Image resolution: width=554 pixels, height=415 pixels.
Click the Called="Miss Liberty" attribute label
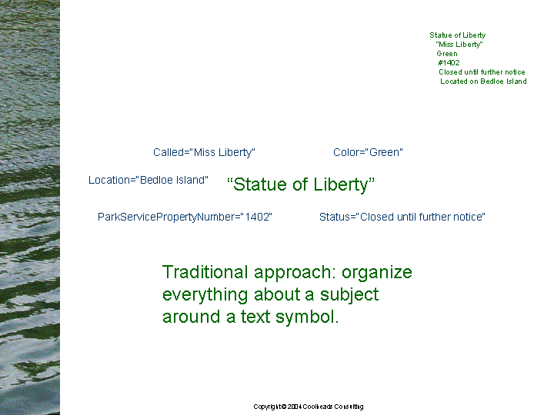tap(204, 152)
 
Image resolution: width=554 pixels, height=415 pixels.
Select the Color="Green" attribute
tap(368, 152)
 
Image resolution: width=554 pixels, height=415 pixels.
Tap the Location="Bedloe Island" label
tap(148, 180)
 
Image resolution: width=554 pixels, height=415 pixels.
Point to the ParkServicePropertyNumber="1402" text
tap(185, 217)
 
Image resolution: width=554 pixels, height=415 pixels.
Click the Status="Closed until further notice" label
tap(402, 217)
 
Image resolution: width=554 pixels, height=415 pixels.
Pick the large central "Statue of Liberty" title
tap(301, 184)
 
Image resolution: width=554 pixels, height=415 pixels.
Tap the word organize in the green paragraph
tap(376, 273)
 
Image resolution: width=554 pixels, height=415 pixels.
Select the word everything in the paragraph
tap(205, 295)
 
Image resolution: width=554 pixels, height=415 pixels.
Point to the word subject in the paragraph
tap(349, 295)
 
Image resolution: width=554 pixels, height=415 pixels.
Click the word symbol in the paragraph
tap(307, 317)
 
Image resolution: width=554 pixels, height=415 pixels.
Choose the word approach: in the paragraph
tap(295, 273)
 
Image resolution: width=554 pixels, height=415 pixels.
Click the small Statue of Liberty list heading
tap(458, 35)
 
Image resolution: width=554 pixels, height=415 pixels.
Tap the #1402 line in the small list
tap(449, 63)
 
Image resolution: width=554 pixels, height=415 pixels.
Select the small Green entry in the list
tap(447, 54)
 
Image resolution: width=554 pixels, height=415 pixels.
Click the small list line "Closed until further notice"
tap(482, 72)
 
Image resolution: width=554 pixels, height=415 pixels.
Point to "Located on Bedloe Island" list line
tap(483, 81)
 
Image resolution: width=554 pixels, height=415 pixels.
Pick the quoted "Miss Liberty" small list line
tap(459, 45)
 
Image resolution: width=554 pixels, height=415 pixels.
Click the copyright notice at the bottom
tap(308, 407)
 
